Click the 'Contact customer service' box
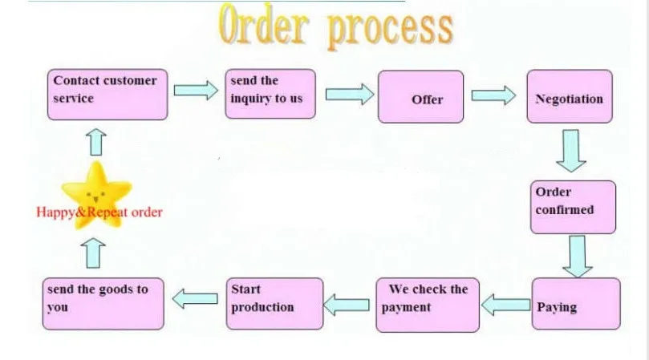click(107, 93)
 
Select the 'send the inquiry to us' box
click(270, 95)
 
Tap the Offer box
click(420, 97)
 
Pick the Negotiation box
click(569, 96)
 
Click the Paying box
click(576, 304)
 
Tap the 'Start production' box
click(274, 303)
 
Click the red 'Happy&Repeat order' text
click(99, 212)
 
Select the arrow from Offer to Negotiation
click(493, 95)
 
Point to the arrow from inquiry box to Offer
click(349, 95)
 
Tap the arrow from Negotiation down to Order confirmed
click(571, 151)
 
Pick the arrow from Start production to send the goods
click(196, 300)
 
